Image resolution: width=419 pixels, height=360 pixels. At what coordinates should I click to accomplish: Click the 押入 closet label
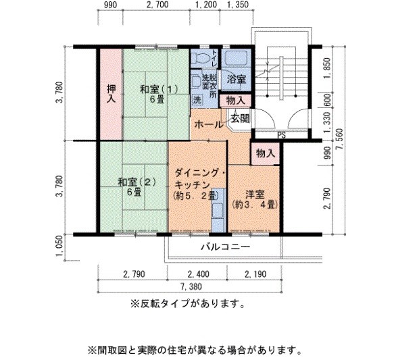111,93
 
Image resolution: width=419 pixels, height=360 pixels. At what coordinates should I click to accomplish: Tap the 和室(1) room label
156,94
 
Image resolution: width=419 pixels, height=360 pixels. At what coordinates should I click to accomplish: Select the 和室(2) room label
133,186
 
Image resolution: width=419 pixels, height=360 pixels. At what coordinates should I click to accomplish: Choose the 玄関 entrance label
239,119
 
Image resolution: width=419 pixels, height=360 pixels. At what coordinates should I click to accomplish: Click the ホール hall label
209,126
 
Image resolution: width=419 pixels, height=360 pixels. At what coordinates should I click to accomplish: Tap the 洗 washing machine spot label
197,99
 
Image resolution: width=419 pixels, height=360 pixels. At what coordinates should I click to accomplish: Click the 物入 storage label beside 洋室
265,154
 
